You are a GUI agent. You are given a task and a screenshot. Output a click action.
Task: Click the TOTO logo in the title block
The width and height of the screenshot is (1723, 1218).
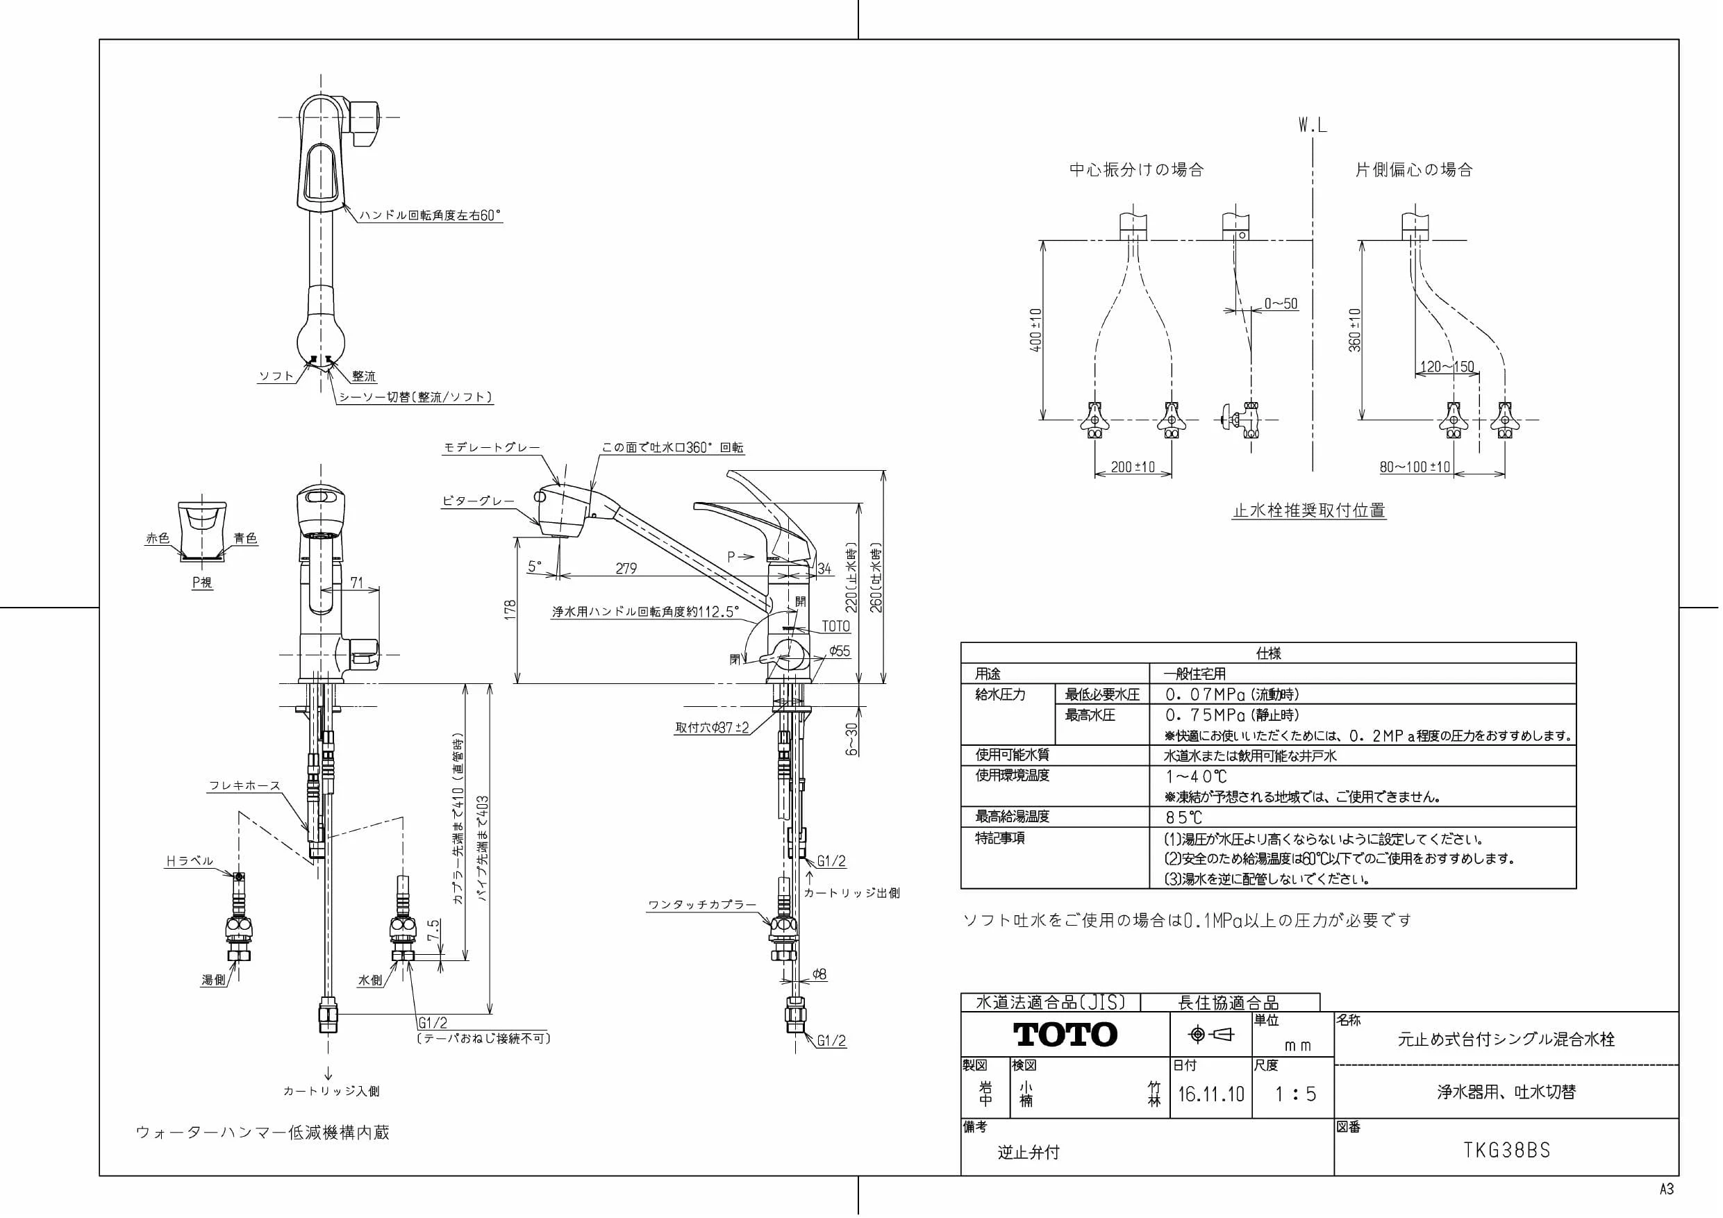1065,1035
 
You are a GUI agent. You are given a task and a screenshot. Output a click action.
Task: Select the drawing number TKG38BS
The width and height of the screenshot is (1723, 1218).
1506,1151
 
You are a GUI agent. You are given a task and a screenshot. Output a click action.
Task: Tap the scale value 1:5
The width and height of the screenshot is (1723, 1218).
1296,1094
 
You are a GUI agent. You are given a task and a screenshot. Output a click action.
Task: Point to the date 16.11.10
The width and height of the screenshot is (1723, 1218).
1210,1094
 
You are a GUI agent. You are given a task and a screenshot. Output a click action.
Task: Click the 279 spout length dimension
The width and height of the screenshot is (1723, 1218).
626,568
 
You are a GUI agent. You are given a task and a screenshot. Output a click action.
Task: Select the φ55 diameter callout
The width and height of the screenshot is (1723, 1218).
840,651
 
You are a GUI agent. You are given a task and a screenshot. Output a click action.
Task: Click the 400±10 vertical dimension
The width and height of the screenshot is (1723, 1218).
1036,331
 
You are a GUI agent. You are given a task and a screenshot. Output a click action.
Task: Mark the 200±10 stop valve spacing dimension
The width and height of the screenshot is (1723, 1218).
1133,467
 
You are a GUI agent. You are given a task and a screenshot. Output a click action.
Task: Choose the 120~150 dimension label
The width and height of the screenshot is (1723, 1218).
1447,367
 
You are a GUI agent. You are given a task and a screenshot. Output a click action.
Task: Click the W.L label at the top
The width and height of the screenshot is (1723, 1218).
1313,125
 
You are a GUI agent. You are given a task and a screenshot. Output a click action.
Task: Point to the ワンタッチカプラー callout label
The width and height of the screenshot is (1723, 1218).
701,905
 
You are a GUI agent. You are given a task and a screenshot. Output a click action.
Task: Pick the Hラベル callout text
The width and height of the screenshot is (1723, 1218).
189,861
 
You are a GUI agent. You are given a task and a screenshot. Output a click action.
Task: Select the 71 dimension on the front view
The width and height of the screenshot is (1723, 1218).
356,583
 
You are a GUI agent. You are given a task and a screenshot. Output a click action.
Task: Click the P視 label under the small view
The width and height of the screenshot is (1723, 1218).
202,582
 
